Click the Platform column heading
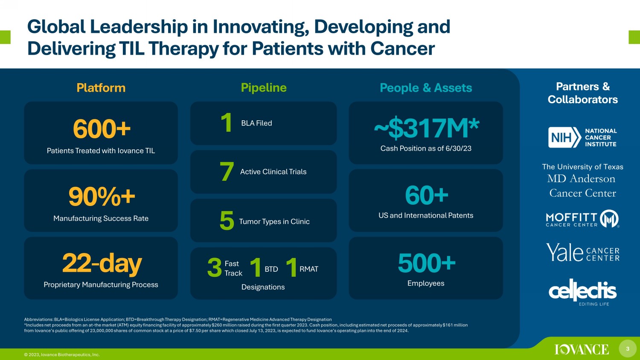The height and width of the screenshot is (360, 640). (x=101, y=88)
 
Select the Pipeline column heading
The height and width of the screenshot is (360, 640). (x=263, y=88)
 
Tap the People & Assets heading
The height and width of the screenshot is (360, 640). (x=426, y=88)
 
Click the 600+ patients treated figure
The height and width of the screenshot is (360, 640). (x=102, y=129)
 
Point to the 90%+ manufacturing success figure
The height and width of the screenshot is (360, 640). (x=102, y=197)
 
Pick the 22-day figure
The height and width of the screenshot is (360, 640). (x=102, y=264)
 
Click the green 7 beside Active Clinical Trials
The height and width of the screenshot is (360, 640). (x=227, y=171)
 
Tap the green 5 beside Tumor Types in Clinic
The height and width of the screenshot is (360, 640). (x=227, y=220)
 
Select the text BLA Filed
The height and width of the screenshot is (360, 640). (x=256, y=123)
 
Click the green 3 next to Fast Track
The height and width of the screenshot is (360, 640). (x=215, y=268)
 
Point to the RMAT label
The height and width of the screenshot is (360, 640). (x=309, y=269)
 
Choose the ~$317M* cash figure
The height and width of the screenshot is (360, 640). (x=427, y=128)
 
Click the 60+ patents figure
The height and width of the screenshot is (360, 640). (x=427, y=195)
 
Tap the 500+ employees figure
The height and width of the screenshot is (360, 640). (x=427, y=263)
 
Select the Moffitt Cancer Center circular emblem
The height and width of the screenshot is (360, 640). (x=609, y=218)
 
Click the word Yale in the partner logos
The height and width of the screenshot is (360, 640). (x=564, y=252)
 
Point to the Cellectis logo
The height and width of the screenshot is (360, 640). (x=582, y=292)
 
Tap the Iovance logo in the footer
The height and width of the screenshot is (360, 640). (x=582, y=349)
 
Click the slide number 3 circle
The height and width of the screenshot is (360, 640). (x=628, y=348)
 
